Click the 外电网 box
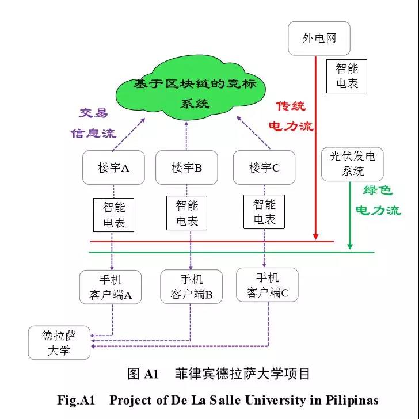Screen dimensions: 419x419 coord(319,39)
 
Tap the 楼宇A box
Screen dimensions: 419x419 coord(113,167)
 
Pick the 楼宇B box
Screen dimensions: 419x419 coord(186,167)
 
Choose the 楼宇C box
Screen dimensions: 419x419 coord(264,167)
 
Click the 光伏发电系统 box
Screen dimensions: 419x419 coord(353,163)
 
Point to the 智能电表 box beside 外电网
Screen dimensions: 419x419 coord(347,76)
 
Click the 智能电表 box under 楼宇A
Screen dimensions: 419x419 coord(113,215)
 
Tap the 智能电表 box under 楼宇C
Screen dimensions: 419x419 coord(264,212)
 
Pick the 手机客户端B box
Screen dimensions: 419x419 coord(191,287)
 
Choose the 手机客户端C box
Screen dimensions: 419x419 coord(268,285)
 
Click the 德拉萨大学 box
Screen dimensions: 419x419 coord(59,342)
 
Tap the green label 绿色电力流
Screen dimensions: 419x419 coord(378,200)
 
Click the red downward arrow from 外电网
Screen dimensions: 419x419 coord(315,144)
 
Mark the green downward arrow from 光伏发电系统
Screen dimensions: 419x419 coord(350,216)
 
